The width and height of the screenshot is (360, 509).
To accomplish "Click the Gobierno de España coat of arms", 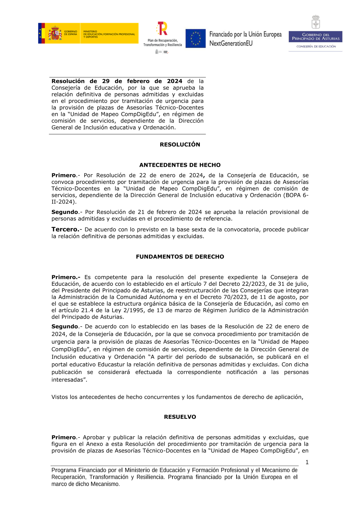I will click(55, 33).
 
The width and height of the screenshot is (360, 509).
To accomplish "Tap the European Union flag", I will click(195, 39).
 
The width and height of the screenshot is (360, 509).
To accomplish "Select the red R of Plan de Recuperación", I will click(163, 28).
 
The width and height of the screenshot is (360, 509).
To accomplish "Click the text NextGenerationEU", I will click(231, 44).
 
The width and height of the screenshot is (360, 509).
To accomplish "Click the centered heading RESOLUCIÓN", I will click(180, 144).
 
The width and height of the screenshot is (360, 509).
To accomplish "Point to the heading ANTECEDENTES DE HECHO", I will click(180, 165).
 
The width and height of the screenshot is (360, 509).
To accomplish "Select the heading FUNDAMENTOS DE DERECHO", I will click(180, 257).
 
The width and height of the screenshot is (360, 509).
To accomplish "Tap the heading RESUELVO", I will click(180, 417).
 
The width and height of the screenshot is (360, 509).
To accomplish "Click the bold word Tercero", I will click(65, 229).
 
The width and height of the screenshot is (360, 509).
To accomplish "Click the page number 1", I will click(307, 462).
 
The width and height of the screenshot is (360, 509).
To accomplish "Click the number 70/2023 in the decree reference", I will click(236, 297).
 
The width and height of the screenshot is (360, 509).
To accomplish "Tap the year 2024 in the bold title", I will click(175, 81).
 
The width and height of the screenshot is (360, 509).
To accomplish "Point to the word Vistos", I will click(60, 397).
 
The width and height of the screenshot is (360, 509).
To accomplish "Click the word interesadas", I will click(68, 379).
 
